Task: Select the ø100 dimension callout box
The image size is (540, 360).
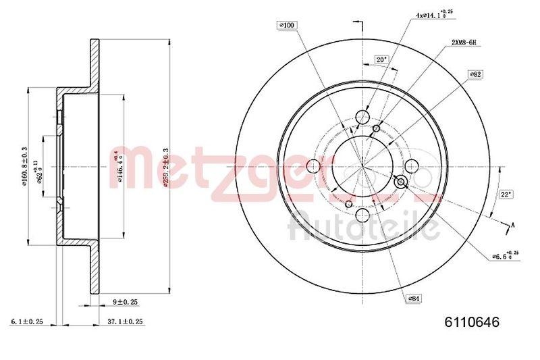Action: point(288,26)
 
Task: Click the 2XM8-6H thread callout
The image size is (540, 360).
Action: point(464,43)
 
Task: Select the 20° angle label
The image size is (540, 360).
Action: point(381,59)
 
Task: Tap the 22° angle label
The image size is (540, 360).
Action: point(506,194)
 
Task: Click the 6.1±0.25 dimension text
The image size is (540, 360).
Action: point(28,322)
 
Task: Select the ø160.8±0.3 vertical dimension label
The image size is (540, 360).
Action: point(25,166)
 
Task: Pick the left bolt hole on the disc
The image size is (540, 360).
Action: point(313,166)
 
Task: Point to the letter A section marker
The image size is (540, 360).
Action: point(514,225)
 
